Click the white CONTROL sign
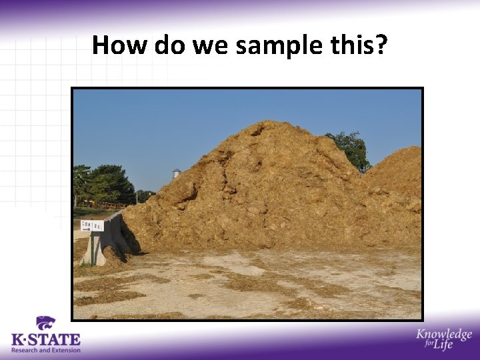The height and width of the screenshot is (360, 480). point(92,225)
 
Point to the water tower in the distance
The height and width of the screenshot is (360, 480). point(177,173)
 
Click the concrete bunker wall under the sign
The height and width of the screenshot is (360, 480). point(110,240)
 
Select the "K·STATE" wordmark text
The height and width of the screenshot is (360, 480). point(45,339)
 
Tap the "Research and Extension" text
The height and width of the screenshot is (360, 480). point(45,350)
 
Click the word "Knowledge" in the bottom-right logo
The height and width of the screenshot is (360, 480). point(444,335)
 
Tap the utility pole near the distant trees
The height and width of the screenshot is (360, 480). point(136,197)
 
